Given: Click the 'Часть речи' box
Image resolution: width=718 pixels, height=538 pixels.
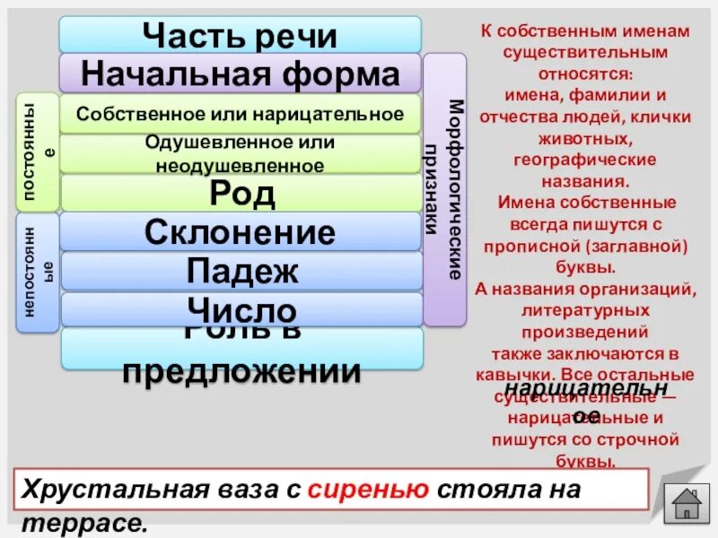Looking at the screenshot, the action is point(240,35).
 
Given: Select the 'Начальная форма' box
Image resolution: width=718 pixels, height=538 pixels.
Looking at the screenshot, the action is point(240,73).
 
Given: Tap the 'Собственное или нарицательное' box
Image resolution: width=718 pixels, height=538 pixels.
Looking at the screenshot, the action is point(240,114).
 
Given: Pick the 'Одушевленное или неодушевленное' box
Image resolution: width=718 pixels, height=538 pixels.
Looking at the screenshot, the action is point(240,153).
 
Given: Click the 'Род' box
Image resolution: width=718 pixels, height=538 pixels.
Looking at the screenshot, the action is point(240,193).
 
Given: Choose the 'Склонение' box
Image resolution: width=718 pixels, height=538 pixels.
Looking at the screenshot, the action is point(240,232).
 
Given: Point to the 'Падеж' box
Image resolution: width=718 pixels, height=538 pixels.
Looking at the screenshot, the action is point(240,271).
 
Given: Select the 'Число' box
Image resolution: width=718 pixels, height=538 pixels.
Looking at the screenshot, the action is point(240,309).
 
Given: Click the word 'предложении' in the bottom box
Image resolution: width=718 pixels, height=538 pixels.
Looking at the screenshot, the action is point(241,370).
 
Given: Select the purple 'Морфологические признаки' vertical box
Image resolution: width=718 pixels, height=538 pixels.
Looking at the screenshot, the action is point(445,188).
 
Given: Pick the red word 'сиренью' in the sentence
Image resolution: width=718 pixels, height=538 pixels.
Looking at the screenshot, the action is point(369,490).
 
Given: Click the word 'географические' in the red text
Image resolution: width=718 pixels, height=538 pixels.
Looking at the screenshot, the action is point(585,160).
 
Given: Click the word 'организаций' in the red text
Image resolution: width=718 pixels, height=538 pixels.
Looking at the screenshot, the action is point(641,288).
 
